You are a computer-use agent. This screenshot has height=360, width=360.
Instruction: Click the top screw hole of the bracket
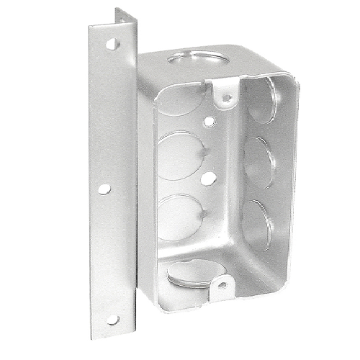(111, 44)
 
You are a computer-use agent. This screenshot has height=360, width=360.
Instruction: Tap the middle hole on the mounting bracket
(104, 189)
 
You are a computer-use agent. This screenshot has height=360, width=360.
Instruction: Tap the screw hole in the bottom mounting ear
(222, 284)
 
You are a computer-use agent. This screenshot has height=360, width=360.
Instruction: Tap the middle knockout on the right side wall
(256, 163)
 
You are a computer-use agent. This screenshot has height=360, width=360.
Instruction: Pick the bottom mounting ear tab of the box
(222, 280)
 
